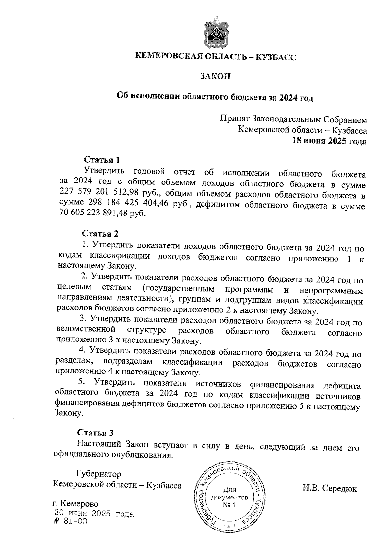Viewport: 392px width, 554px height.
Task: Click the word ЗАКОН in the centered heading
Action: (215, 76)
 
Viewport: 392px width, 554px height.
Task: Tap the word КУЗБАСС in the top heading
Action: (275, 57)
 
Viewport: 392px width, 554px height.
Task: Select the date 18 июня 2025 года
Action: (329, 141)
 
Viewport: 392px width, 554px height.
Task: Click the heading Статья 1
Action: (102, 160)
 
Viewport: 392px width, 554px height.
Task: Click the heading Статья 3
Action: (95, 433)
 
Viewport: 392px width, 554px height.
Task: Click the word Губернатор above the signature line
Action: (98, 473)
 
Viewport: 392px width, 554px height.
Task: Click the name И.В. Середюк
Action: (330, 489)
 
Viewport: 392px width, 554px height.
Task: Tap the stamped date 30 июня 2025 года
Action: (94, 514)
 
